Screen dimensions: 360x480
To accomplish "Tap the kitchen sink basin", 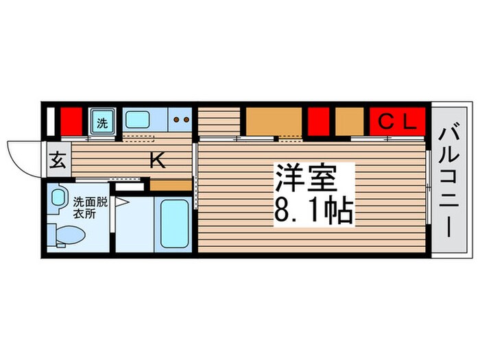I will coord(137,121).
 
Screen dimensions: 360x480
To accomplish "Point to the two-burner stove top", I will coord(180,120).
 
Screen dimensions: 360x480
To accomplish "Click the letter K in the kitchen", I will coord(157,161).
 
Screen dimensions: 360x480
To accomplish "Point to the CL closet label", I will coord(398,123).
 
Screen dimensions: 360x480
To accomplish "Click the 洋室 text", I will coord(306,180).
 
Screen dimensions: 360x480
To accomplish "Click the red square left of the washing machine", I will coord(67,121).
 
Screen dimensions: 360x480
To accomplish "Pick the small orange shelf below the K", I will coord(170,185).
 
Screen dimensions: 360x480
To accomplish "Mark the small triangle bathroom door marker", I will coord(121,202).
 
